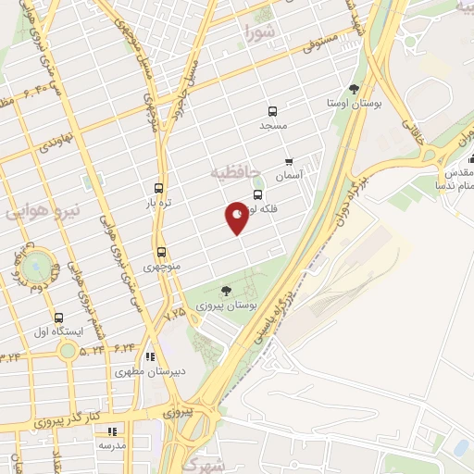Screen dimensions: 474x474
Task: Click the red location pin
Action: pyautogui.click(x=237, y=218)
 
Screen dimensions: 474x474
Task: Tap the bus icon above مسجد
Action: pyautogui.click(x=272, y=110)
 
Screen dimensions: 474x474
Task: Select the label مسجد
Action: pyautogui.click(x=273, y=125)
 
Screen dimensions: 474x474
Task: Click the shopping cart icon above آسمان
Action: pyautogui.click(x=290, y=160)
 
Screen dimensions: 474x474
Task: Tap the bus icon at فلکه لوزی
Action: pyautogui.click(x=257, y=195)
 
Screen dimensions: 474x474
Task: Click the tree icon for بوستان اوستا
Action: pyautogui.click(x=354, y=89)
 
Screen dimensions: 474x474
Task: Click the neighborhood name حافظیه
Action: pyautogui.click(x=231, y=172)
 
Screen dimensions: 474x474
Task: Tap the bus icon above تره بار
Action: pyautogui.click(x=159, y=187)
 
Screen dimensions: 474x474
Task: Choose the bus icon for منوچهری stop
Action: pyautogui.click(x=161, y=252)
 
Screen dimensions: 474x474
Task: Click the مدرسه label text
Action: pyautogui.click(x=114, y=445)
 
